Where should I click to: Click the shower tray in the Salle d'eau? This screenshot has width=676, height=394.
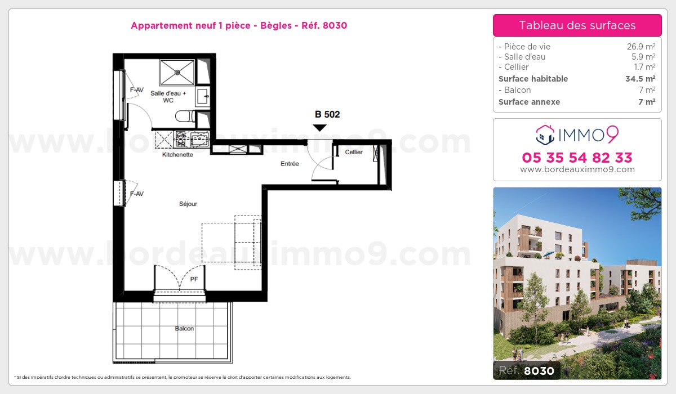[177, 72]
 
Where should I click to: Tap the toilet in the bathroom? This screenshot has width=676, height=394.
[185, 117]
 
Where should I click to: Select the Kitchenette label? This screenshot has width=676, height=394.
[177, 154]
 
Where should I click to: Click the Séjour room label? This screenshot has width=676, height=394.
[188, 204]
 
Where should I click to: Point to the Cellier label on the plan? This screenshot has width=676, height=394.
[354, 153]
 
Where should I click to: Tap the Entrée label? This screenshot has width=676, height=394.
[290, 164]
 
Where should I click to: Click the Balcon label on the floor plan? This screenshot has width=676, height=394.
[184, 329]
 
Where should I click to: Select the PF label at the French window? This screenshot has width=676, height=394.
[194, 279]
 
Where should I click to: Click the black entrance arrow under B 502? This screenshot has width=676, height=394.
[319, 128]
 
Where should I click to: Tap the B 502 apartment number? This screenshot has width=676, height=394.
[327, 114]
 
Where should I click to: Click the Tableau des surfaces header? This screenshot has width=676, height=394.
[577, 25]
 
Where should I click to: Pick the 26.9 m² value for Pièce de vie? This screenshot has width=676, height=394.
[642, 47]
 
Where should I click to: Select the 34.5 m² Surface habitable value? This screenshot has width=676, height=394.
[641, 79]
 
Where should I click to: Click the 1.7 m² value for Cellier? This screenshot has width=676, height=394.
[644, 67]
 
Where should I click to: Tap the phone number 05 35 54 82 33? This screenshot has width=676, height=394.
[577, 157]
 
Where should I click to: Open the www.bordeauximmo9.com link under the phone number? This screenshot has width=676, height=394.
[577, 169]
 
